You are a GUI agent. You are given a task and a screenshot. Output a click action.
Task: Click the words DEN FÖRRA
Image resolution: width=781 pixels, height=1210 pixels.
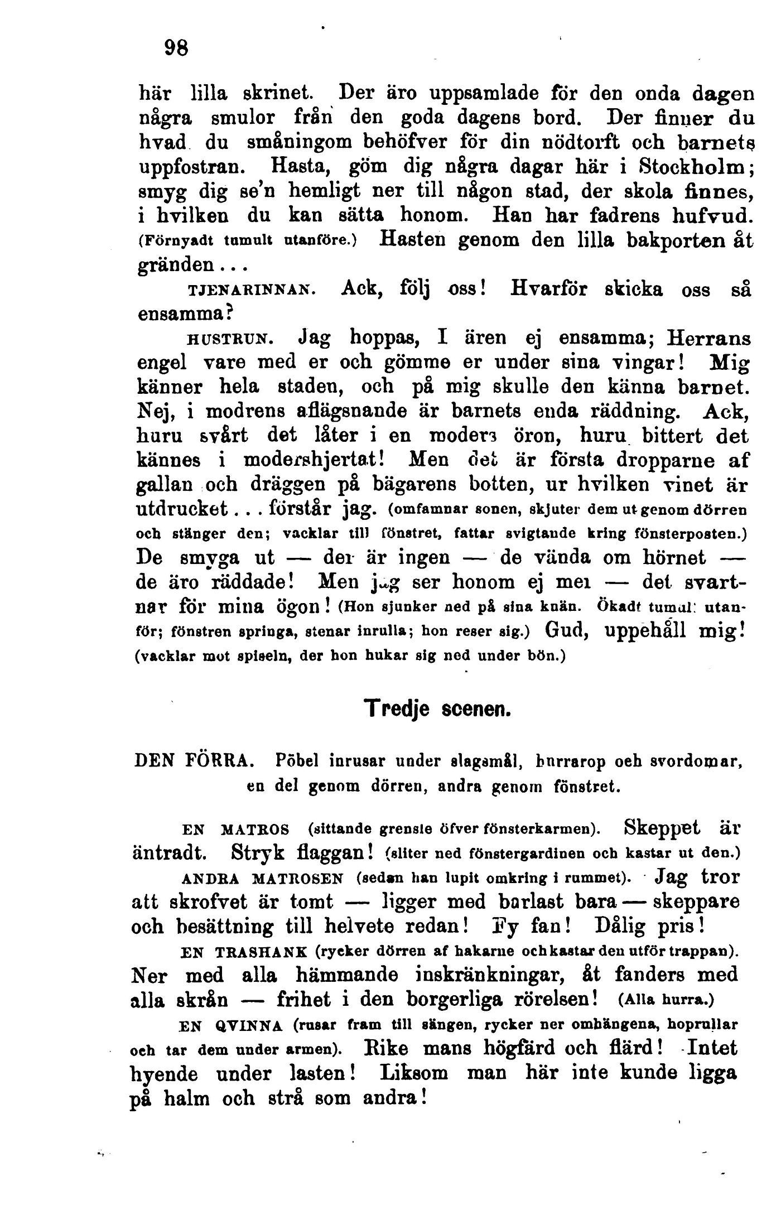(195, 760)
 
